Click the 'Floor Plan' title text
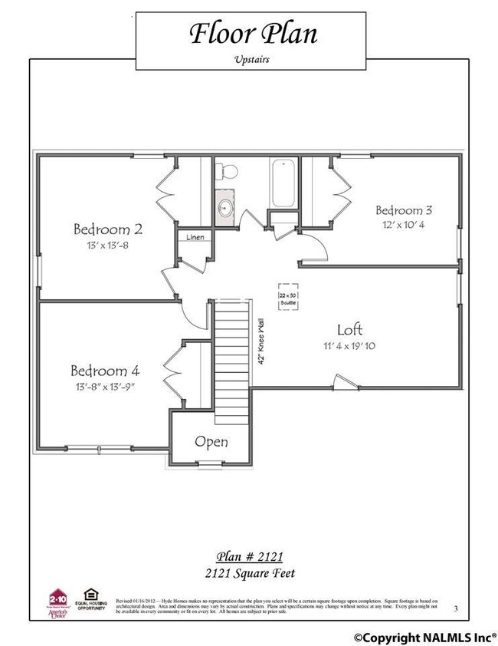(252, 34)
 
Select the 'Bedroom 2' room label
(108, 229)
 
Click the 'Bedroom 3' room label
(404, 210)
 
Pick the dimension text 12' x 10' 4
(404, 225)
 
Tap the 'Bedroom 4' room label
(105, 370)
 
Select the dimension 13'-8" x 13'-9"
(105, 386)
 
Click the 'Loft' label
(349, 330)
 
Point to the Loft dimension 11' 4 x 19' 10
(349, 346)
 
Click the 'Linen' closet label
(195, 238)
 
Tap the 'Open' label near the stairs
(211, 443)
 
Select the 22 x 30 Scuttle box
(288, 297)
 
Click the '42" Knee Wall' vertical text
(261, 341)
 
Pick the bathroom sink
(226, 207)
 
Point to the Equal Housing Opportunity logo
(90, 596)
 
